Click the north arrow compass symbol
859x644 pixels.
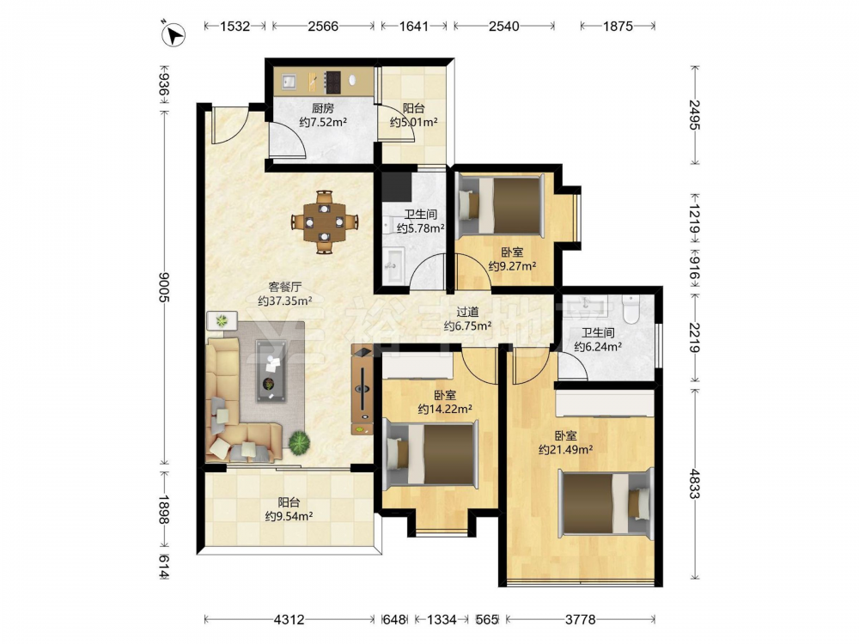[x=174, y=33]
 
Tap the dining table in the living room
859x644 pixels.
[x=325, y=222]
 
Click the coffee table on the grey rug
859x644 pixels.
[x=271, y=371]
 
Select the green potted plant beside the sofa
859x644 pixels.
[x=299, y=442]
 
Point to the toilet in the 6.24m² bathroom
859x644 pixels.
[x=631, y=308]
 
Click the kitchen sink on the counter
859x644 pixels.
[x=289, y=82]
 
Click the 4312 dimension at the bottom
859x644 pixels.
[x=289, y=619]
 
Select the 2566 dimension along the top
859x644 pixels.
[x=323, y=26]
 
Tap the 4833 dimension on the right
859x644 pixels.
[x=695, y=483]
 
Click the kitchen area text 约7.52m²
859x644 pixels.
[x=323, y=122]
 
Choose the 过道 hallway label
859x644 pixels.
[x=468, y=313]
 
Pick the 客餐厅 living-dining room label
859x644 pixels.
[x=285, y=287]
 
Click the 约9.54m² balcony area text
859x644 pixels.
[x=289, y=516]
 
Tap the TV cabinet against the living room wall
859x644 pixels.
[x=362, y=390]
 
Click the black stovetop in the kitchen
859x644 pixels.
[x=332, y=82]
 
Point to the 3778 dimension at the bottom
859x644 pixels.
[x=580, y=619]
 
